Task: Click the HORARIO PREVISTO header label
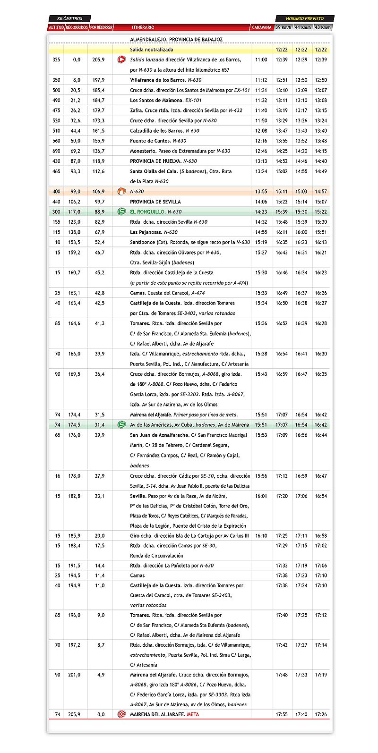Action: coord(305,19)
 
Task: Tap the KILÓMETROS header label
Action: coord(69,19)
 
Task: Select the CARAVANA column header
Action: coord(262,27)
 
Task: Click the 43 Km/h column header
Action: coord(323,27)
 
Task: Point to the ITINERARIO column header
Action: coord(143,27)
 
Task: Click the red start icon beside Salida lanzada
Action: coord(121,60)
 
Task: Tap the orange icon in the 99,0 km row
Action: coord(121,192)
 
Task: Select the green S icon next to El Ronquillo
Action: coord(121,212)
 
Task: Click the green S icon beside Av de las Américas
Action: coord(121,425)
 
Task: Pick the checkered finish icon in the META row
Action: coord(121,714)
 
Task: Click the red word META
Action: coord(193,714)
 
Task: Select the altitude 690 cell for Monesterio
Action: coord(56,151)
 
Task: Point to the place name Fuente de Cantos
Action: coord(150,141)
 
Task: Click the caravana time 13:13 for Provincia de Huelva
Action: coord(261,161)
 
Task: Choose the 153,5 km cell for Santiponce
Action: coord(74,242)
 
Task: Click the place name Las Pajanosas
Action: coord(146,232)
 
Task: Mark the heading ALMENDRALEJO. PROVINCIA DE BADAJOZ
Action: coord(176,40)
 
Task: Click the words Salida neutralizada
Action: coord(152,50)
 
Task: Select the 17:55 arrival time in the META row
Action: coord(282,714)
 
